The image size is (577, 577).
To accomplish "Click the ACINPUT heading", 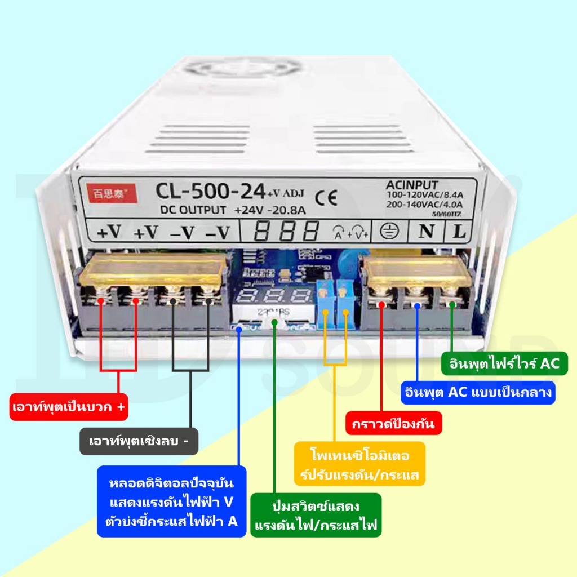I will pyautogui.click(x=412, y=184).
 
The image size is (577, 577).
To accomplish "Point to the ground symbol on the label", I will pyautogui.click(x=387, y=230).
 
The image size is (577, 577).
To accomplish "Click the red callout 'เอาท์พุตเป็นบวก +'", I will pyautogui.click(x=69, y=406).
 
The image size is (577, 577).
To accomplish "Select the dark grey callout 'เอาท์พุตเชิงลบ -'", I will pyautogui.click(x=139, y=441).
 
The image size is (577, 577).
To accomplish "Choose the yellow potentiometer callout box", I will pyautogui.click(x=359, y=465).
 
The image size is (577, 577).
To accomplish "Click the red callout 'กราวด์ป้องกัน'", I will pyautogui.click(x=393, y=423).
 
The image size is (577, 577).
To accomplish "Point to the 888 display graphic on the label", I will pyautogui.click(x=286, y=230).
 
